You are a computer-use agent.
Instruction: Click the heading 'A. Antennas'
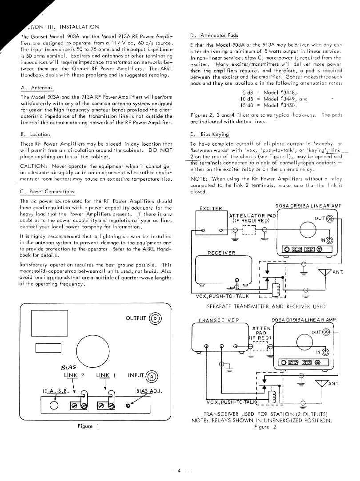tap(37, 88)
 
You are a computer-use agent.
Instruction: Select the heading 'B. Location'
tap(36, 135)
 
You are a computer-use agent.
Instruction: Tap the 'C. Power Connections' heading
tap(48, 192)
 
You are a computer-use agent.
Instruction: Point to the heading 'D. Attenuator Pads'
tap(214, 36)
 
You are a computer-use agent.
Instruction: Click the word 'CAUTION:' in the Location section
tap(33, 166)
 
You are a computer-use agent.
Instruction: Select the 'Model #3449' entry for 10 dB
tap(280, 99)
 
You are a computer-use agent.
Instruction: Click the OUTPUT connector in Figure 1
tap(156, 318)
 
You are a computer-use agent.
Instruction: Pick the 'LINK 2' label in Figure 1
tap(74, 375)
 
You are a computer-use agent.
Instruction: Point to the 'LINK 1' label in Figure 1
tap(106, 375)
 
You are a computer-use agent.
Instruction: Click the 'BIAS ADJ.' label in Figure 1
tap(148, 391)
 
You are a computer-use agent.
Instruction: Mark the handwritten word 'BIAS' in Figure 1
tap(67, 367)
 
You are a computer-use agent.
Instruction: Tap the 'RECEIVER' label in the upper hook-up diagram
tap(221, 253)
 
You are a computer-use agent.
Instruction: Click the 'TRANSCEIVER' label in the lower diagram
tap(218, 320)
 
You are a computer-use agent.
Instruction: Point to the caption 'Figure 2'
tap(265, 427)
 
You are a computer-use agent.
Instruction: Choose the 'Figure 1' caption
tap(85, 426)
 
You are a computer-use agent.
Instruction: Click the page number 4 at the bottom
tap(180, 470)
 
